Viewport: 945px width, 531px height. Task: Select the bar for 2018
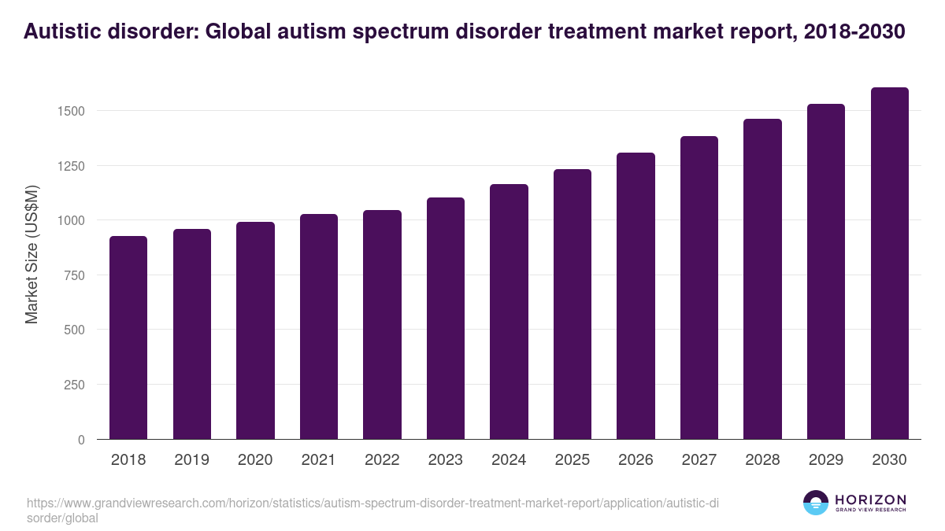click(128, 337)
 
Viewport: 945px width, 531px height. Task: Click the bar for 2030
click(889, 264)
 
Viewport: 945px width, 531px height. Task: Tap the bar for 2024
click(509, 312)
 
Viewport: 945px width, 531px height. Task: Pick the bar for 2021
click(319, 326)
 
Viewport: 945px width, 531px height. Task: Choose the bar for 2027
click(699, 288)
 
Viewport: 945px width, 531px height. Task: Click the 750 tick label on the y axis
click(75, 275)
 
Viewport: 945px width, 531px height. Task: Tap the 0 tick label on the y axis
click(81, 440)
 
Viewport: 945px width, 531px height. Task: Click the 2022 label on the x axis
click(382, 460)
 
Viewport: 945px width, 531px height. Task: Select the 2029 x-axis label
click(826, 460)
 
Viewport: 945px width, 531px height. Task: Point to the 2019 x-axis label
click(192, 460)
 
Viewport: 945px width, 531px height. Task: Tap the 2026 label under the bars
click(636, 460)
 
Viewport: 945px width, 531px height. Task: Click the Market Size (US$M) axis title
click(31, 254)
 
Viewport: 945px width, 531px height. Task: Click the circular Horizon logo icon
click(816, 503)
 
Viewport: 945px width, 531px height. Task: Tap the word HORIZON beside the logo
click(870, 499)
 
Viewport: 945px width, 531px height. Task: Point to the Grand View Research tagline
click(870, 511)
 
